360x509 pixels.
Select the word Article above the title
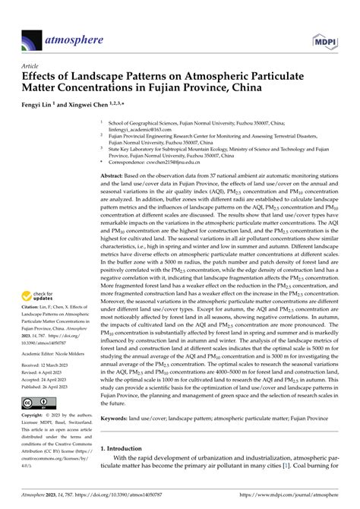tap(33, 66)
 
